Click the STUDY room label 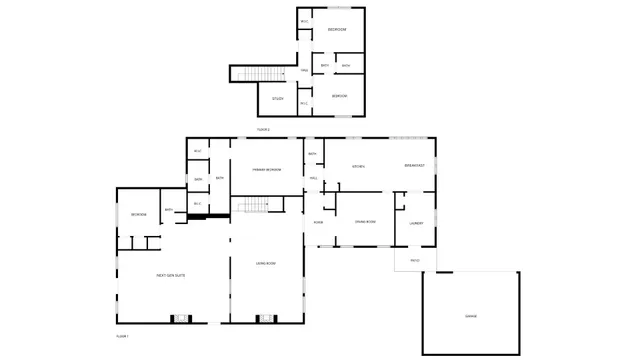point(278,98)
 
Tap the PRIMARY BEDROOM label point(266,170)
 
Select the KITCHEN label point(357,165)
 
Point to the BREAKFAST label point(415,165)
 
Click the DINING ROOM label point(365,221)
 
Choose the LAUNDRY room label point(416,223)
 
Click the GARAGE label point(470,316)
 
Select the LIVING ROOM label point(266,263)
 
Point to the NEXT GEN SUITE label point(170,275)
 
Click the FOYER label point(318,221)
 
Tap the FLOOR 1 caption point(122,337)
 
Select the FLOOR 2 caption point(263,129)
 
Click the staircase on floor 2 point(260,75)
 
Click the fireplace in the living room point(265,319)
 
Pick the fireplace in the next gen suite point(181,319)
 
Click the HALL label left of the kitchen point(313,178)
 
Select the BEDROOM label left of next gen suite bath point(138,214)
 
